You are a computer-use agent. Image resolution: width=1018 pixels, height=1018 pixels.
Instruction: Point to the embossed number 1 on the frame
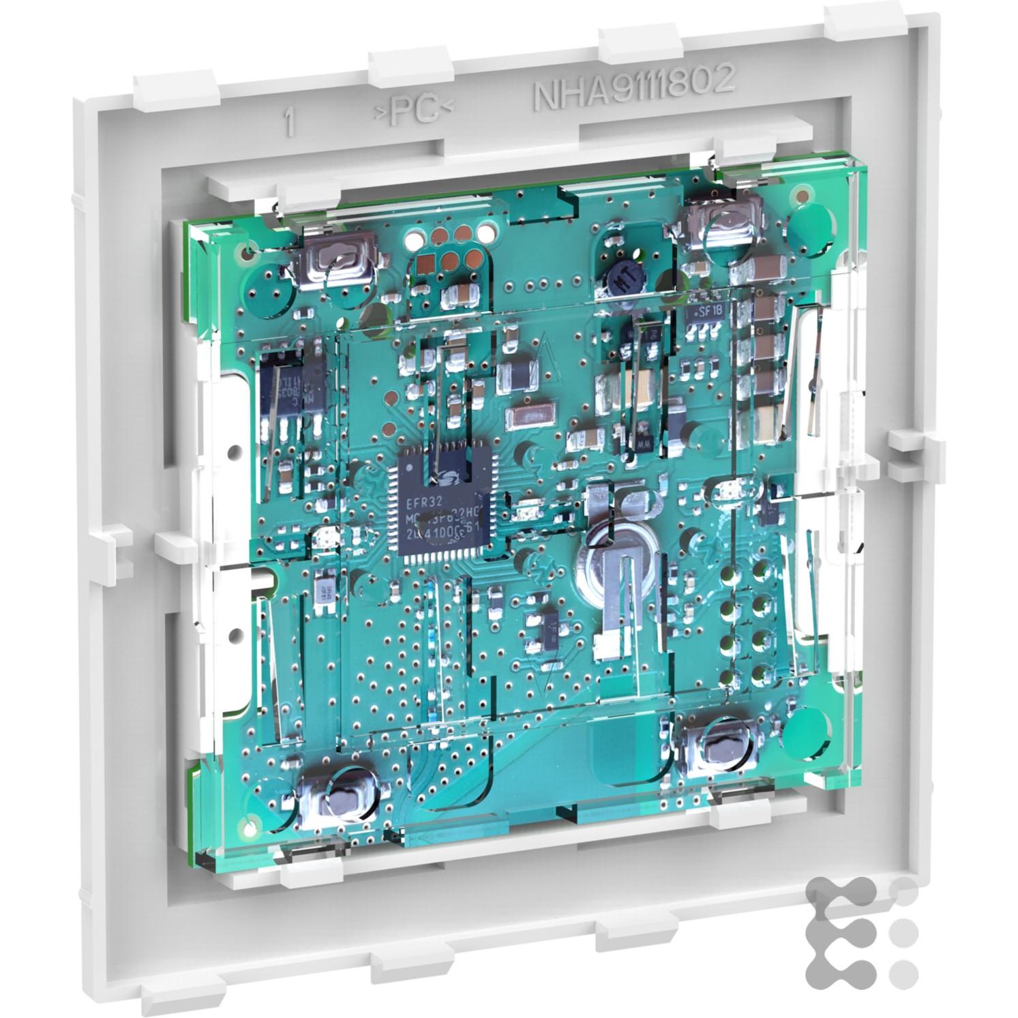pyautogui.click(x=291, y=124)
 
